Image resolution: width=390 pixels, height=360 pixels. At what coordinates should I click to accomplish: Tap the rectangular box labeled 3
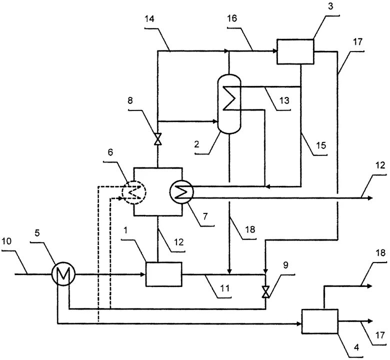295,52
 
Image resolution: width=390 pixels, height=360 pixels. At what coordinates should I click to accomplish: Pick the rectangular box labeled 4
320,321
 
